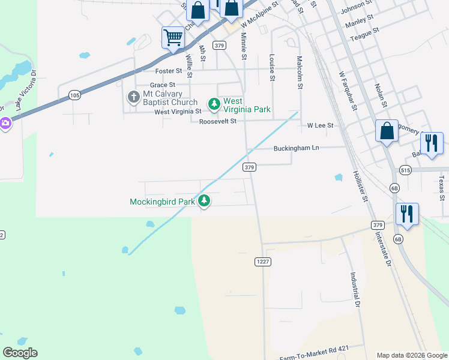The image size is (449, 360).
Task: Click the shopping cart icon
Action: pyautogui.click(x=173, y=38)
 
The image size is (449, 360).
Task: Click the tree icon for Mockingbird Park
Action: pyautogui.click(x=205, y=201)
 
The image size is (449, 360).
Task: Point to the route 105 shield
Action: pyautogui.click(x=74, y=95)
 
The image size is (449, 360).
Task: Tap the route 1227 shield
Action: pyautogui.click(x=262, y=261)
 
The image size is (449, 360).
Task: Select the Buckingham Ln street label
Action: pyautogui.click(x=295, y=148)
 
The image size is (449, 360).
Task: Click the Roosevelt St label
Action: pyautogui.click(x=218, y=121)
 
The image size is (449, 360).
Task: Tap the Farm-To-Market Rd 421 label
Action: pyautogui.click(x=314, y=349)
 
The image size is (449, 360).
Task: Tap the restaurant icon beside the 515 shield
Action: pyautogui.click(x=432, y=144)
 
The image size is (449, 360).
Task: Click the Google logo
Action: pyautogui.click(x=20, y=353)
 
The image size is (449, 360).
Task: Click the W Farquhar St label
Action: pyautogui.click(x=348, y=91)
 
